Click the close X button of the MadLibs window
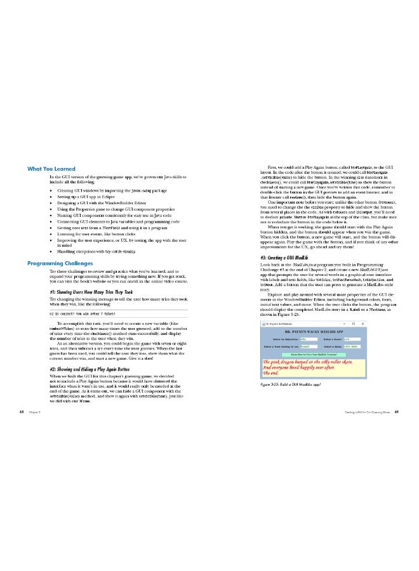[x=375, y=324]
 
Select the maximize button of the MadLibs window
[x=369, y=324]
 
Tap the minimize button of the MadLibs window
[x=364, y=324]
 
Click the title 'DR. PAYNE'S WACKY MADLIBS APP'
[x=319, y=331]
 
